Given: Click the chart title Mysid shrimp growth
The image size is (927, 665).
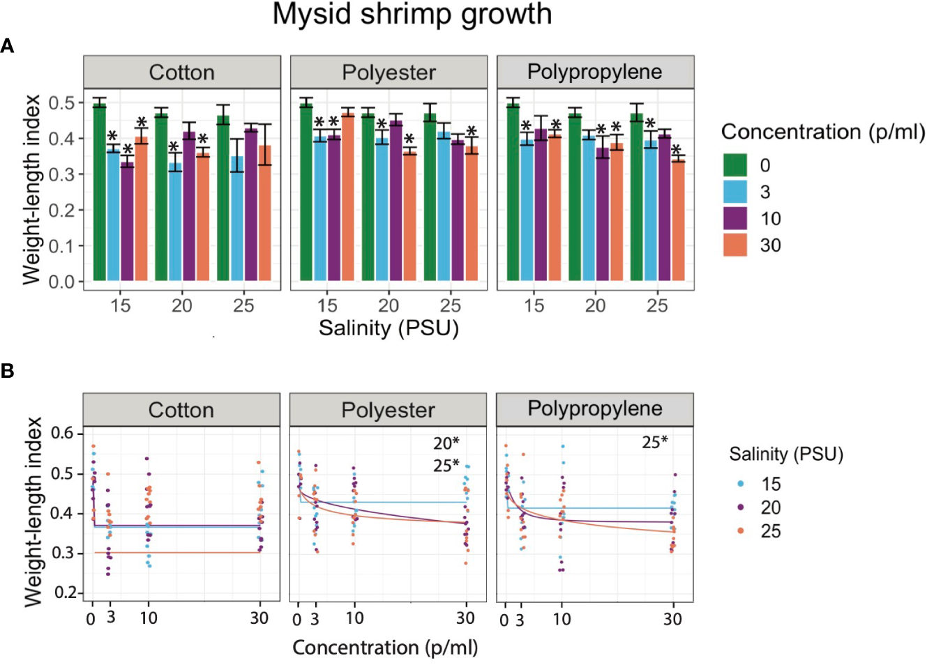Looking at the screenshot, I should click(x=412, y=15).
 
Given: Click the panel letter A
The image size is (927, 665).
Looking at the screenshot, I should click(x=8, y=47).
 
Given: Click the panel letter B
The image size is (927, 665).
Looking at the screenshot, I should click(x=8, y=371).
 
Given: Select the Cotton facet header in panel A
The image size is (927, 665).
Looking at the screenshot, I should click(x=182, y=72).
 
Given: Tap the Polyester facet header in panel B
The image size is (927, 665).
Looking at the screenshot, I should click(x=388, y=410).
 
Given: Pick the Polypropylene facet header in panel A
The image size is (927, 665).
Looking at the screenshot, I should click(x=595, y=72).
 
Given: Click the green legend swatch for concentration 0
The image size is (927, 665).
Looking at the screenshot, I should click(x=735, y=165).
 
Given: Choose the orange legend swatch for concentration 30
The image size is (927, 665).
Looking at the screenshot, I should click(x=735, y=245).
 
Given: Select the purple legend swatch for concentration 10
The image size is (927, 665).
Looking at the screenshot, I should click(x=735, y=219).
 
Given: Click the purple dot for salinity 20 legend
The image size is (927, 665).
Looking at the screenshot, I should click(x=741, y=507).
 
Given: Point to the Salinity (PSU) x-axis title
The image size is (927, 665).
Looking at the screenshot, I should click(x=389, y=328).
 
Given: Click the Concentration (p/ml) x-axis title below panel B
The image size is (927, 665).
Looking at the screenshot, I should click(x=385, y=648).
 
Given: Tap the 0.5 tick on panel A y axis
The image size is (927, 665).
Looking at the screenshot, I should click(x=61, y=103).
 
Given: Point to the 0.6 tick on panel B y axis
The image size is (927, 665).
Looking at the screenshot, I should click(x=62, y=433).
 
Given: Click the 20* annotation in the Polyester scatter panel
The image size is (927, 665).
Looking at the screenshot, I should click(x=446, y=443).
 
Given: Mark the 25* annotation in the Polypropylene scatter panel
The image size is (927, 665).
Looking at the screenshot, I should click(x=655, y=442).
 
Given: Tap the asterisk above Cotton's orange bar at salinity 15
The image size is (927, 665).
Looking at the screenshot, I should click(x=142, y=123).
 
